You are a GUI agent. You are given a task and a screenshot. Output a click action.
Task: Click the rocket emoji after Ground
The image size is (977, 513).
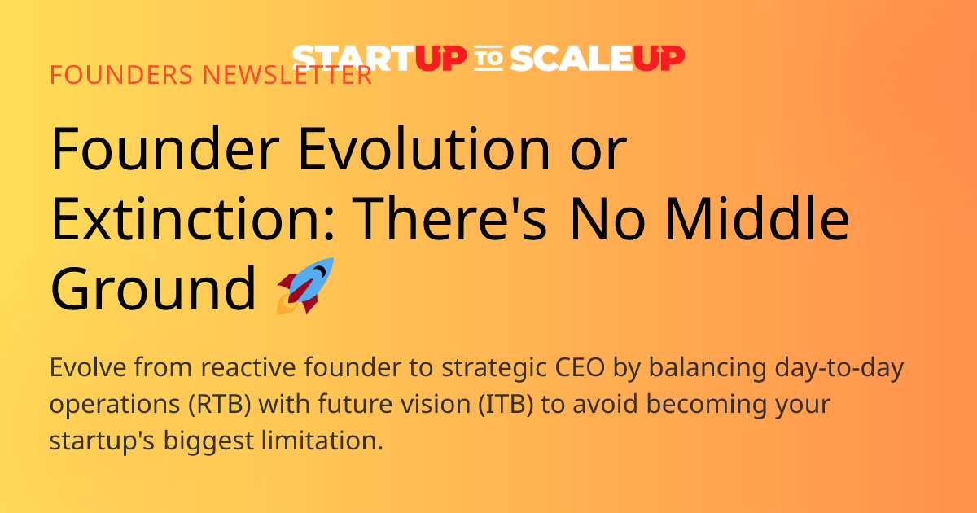(x=306, y=286)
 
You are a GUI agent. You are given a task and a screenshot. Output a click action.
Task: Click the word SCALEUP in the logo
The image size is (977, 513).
(x=598, y=58)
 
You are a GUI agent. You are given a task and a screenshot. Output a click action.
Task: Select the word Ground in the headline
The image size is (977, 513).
(x=153, y=291)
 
